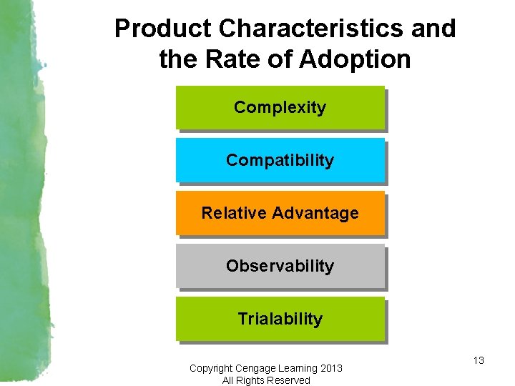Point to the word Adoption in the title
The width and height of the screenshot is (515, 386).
(355, 59)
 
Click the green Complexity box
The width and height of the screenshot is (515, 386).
(280, 107)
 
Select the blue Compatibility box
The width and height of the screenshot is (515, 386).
(280, 160)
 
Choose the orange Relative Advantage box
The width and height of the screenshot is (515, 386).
(280, 213)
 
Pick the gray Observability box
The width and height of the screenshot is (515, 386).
(280, 266)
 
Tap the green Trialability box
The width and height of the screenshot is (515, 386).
(280, 319)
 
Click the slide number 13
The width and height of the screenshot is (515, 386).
(479, 360)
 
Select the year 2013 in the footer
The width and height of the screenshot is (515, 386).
(331, 368)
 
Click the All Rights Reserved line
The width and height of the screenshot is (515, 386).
(266, 380)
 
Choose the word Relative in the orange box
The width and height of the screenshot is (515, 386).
(229, 213)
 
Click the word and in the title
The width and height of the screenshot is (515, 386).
(432, 29)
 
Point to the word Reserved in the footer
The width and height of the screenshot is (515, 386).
(290, 380)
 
